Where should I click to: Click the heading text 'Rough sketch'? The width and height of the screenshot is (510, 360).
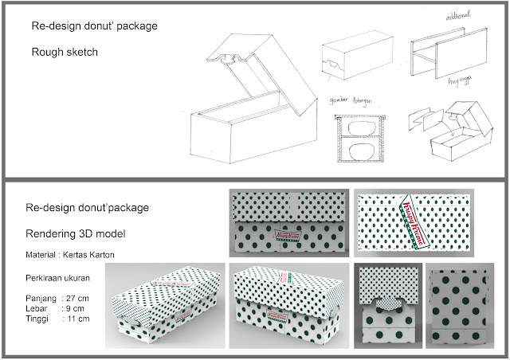tap(65, 55)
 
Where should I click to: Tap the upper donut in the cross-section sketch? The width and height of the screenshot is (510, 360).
tap(359, 129)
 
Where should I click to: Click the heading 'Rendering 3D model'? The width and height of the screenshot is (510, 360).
tap(78, 236)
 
